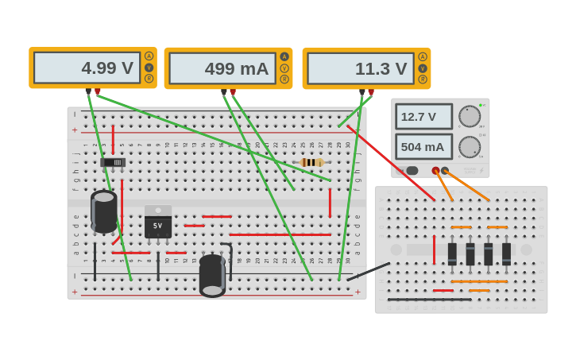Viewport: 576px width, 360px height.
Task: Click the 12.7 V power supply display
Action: click(423, 117)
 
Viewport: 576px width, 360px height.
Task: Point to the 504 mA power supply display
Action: click(423, 147)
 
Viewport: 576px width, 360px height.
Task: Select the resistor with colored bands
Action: click(311, 162)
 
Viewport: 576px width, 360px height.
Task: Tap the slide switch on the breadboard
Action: click(113, 162)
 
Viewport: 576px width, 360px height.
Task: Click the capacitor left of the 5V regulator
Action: click(103, 211)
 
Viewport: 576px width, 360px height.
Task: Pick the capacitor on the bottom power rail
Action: click(212, 275)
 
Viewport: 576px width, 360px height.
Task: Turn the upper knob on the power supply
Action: click(470, 116)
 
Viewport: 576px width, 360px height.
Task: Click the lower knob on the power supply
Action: click(470, 147)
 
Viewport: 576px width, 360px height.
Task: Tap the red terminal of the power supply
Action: click(435, 170)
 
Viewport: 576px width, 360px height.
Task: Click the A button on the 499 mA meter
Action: click(284, 56)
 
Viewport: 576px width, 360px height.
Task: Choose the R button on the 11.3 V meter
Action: click(423, 79)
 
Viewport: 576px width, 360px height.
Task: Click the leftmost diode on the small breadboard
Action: click(452, 254)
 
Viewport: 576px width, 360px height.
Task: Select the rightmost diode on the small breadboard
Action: click(506, 254)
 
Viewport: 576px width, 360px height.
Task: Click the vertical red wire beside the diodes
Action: click(434, 250)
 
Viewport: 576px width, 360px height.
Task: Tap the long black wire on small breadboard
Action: click(429, 300)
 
